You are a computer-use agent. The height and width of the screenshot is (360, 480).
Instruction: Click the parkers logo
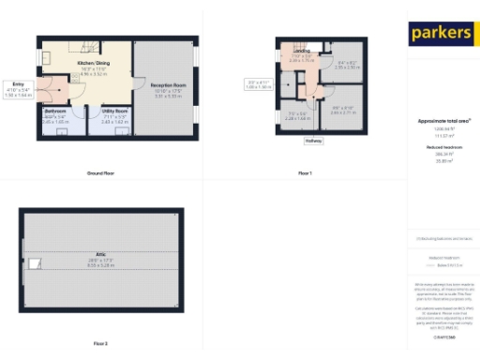(441, 34)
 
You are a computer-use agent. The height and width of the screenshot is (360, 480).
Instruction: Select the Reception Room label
(170, 85)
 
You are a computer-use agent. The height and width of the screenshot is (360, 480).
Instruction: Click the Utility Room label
(114, 111)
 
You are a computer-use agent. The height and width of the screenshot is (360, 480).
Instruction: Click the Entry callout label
(19, 82)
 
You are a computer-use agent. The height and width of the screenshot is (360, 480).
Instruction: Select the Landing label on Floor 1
(301, 52)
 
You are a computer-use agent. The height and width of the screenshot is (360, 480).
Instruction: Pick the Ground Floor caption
(100, 173)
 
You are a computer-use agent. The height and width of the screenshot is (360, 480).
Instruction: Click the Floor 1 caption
(305, 173)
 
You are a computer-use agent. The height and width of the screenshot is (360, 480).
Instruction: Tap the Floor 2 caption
(100, 344)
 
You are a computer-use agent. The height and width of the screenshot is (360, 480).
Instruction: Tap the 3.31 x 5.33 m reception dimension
(170, 96)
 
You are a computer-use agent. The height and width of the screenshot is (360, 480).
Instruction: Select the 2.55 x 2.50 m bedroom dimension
(348, 67)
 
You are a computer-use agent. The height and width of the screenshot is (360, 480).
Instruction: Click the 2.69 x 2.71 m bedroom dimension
(343, 112)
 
